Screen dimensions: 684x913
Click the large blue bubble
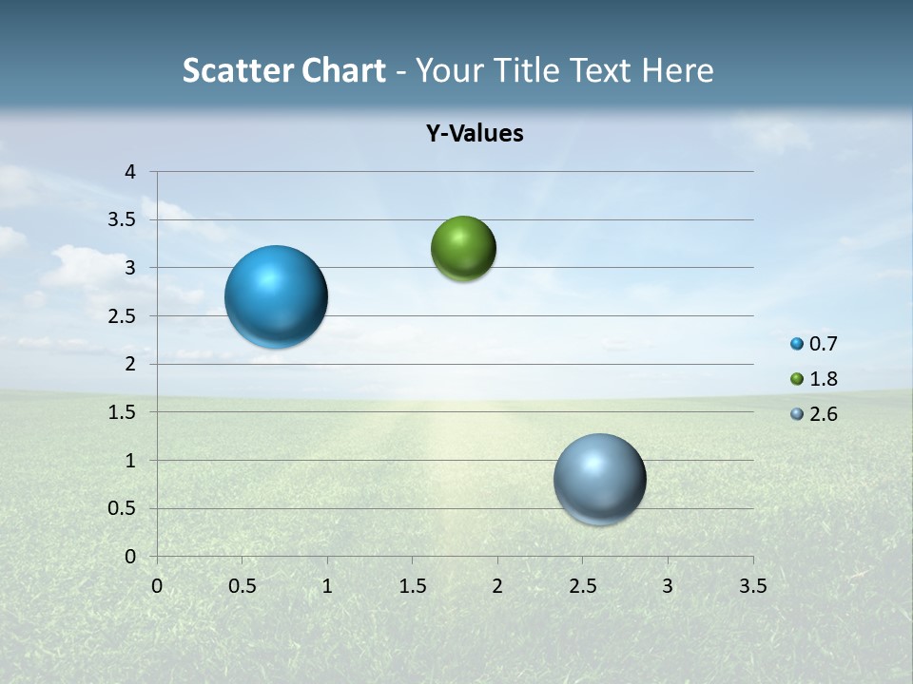277,296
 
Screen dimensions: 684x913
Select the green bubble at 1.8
463,249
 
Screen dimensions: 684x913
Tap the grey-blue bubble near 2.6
599,479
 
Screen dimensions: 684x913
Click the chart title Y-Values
474,134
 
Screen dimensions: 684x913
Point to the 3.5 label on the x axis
752,586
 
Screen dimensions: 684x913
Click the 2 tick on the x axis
497,586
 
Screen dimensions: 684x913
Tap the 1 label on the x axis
327,586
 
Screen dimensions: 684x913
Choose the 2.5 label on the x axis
582,586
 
